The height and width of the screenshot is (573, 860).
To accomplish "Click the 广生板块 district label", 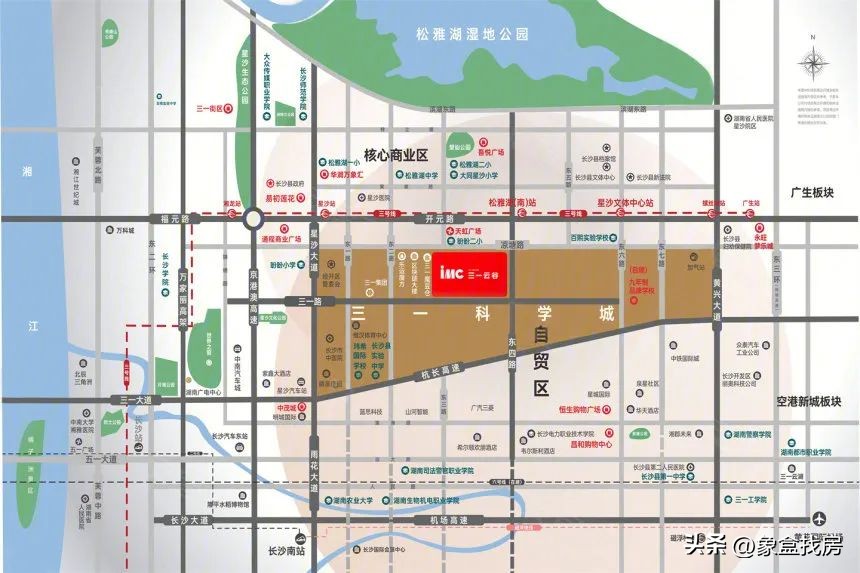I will (x=811, y=192).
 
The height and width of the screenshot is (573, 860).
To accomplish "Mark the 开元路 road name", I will (x=440, y=218).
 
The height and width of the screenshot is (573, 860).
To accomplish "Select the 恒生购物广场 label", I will (x=592, y=409).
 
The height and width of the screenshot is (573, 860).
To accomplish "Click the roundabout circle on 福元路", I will (x=253, y=218).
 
